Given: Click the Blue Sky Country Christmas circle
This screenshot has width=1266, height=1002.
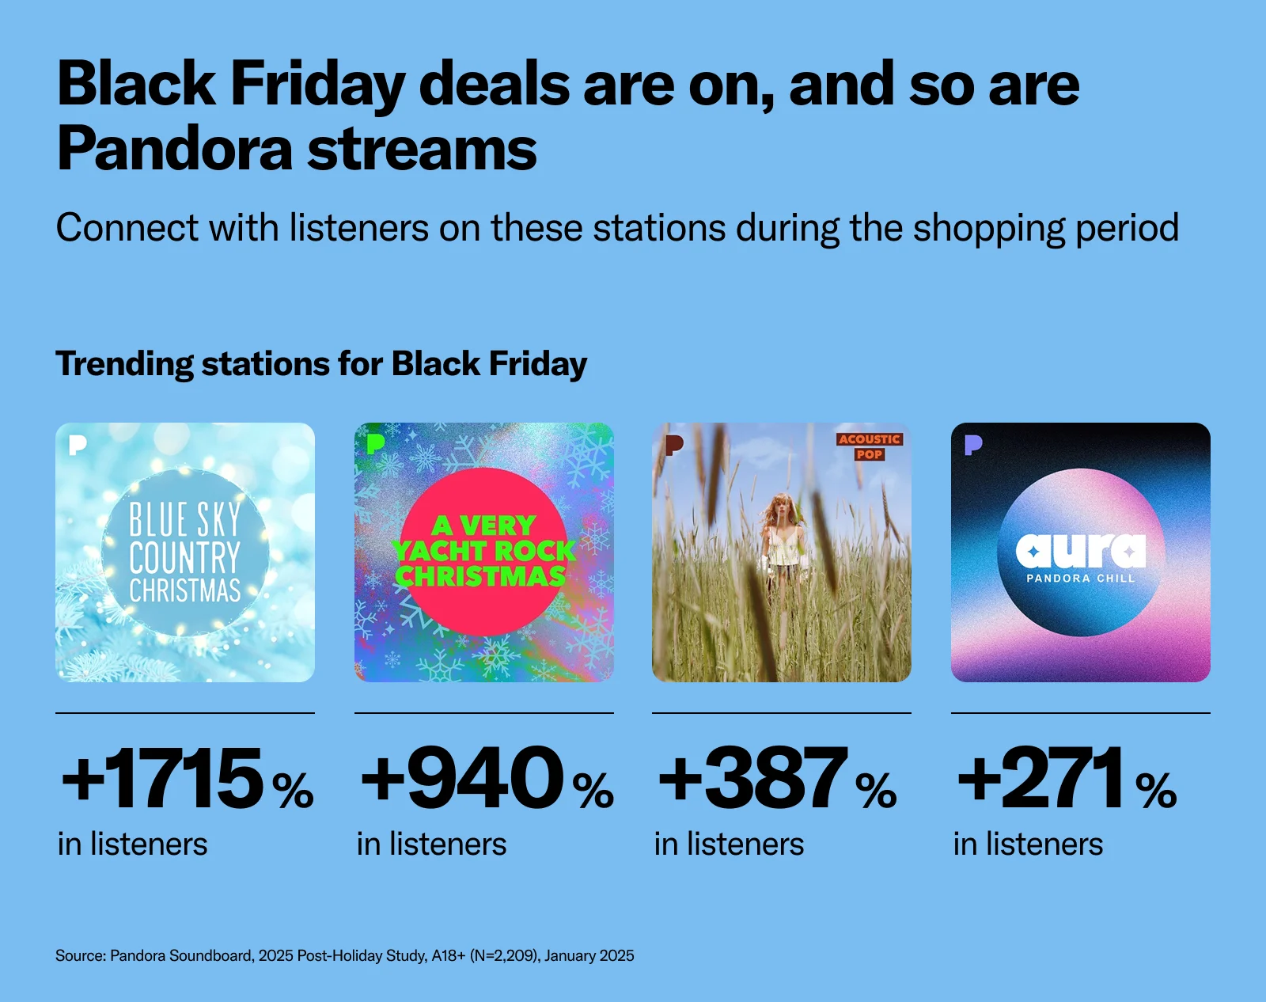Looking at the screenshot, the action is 184,552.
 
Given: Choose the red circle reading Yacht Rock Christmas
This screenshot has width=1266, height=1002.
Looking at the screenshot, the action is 483,552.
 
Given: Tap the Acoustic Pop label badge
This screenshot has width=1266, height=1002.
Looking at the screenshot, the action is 869,446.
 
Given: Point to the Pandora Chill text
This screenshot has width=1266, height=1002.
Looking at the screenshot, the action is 1081,579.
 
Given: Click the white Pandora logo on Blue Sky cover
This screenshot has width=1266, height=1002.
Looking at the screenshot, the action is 78,445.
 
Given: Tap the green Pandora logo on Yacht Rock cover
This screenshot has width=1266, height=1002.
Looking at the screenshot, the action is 375,444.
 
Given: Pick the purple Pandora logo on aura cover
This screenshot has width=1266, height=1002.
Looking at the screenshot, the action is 973,445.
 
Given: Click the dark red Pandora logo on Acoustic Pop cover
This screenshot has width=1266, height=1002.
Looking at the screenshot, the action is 675,445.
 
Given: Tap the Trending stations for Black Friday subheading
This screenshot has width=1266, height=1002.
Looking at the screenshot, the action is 321,364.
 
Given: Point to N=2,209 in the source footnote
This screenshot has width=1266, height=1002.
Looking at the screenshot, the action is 503,955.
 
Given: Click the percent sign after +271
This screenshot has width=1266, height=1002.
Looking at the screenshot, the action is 1156,790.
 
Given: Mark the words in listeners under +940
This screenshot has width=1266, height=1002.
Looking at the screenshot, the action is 431,844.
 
